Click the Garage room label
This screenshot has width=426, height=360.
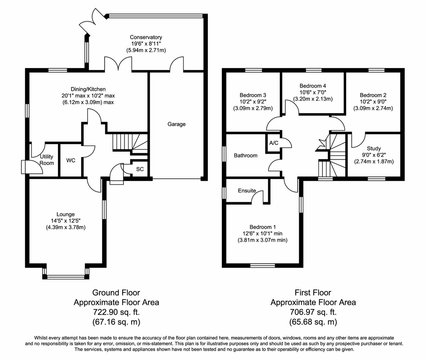click(176, 124)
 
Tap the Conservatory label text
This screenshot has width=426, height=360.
click(146, 37)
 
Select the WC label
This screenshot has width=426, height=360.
click(71, 161)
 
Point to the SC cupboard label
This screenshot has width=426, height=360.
click(140, 169)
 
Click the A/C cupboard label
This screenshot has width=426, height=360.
click(274, 143)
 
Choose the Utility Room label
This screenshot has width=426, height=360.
click(47, 160)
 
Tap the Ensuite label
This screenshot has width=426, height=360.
click(247, 190)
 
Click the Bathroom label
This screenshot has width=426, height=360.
click(246, 155)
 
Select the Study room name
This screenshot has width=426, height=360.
click(374, 149)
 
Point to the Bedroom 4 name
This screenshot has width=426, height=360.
click(313, 86)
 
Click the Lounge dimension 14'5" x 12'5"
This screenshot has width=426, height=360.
click(66, 221)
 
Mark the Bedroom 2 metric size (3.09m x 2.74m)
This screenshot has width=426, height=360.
click(373, 108)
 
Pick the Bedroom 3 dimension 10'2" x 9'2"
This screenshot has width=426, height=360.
click(253, 101)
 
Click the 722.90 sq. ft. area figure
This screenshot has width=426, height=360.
click(116, 312)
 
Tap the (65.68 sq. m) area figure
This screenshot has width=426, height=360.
click(313, 322)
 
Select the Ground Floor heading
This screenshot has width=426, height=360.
click(116, 293)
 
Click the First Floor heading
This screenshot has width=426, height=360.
click(313, 293)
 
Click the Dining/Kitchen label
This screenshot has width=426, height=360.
click(88, 89)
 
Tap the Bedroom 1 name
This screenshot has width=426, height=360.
click(263, 227)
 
